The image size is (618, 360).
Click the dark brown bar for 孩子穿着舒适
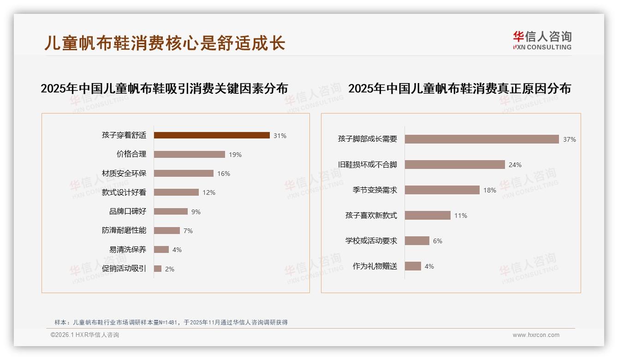[212, 135]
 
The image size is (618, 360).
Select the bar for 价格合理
[190, 155]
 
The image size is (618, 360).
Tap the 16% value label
[224, 174]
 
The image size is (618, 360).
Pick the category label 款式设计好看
[124, 192]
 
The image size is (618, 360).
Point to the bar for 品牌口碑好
[171, 211]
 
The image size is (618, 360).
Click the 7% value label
[188, 231]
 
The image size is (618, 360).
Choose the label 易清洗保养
[128, 250]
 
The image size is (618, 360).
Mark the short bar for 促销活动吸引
[158, 269]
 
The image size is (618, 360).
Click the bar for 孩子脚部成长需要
[482, 139]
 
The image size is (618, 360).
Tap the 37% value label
[570, 139]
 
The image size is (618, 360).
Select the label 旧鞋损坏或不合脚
[368, 165]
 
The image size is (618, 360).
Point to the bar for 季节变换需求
[442, 190]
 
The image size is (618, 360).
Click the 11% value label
[461, 216]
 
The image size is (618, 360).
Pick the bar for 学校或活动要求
[417, 240]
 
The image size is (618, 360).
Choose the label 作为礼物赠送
[375, 266]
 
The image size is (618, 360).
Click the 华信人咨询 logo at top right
[542, 40]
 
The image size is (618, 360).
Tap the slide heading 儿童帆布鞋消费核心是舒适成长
[165, 43]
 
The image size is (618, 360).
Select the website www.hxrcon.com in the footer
[536, 335]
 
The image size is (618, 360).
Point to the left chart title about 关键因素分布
[164, 89]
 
